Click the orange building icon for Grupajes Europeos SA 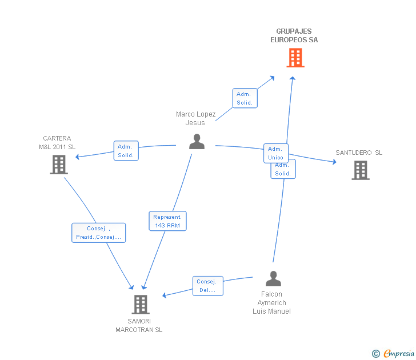pyautogui.click(x=295, y=58)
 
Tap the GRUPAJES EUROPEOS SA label pyautogui.click(x=294, y=35)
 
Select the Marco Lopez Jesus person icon pyautogui.click(x=197, y=142)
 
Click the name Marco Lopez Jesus pyautogui.click(x=195, y=118)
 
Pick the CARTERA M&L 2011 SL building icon pyautogui.click(x=59, y=165)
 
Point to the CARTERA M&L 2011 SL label pyautogui.click(x=57, y=143)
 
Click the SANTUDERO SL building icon pyautogui.click(x=360, y=170)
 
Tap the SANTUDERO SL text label pyautogui.click(x=359, y=153)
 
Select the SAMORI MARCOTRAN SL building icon pyautogui.click(x=140, y=305)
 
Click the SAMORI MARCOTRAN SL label pyautogui.click(x=139, y=325)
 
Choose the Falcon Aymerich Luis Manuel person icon pyautogui.click(x=273, y=279)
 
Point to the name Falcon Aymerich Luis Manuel pyautogui.click(x=272, y=303)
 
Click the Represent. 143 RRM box pyautogui.click(x=167, y=221)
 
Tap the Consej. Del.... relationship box pyautogui.click(x=208, y=286)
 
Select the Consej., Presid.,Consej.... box pyautogui.click(x=98, y=233)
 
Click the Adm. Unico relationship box pyautogui.click(x=275, y=153)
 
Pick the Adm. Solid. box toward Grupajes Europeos pyautogui.click(x=245, y=98)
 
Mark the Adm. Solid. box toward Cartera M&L pyautogui.click(x=126, y=151)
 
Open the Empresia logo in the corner pyautogui.click(x=394, y=353)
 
